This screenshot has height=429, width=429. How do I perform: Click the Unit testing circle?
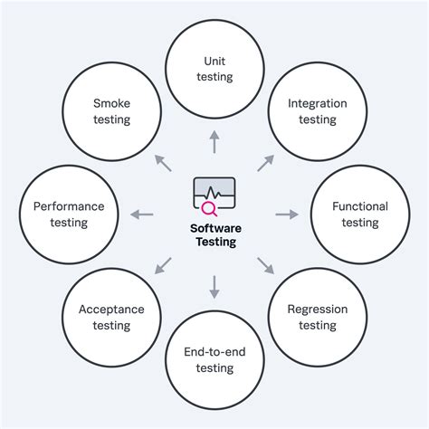[x=214, y=69]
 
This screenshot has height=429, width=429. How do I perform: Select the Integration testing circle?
[x=318, y=111]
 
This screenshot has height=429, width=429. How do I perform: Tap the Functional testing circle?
[x=359, y=214]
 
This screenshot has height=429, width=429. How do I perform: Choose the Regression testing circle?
[x=318, y=318]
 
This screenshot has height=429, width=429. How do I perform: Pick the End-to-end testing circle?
[x=214, y=359]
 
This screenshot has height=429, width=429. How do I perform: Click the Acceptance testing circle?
[x=111, y=318]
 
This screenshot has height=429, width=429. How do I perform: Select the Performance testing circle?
[x=69, y=214]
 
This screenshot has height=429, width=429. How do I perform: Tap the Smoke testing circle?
[x=111, y=111]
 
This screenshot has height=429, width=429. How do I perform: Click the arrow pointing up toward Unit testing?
[x=214, y=141]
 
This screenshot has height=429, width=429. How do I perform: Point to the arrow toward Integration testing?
[x=266, y=163]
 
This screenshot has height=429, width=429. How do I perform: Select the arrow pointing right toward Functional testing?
[x=287, y=214]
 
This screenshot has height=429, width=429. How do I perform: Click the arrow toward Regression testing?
[x=266, y=265]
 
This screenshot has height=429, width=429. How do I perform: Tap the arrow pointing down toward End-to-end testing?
[x=214, y=287]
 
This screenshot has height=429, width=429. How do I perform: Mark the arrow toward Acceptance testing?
[x=163, y=265]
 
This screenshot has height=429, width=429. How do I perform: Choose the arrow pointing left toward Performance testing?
[x=142, y=214]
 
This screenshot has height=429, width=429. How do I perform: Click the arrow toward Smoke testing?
[x=163, y=163]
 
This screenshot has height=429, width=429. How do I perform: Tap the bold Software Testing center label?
[x=214, y=235]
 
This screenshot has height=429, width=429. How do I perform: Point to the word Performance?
[x=69, y=206]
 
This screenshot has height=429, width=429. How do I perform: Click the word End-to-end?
[x=214, y=352]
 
